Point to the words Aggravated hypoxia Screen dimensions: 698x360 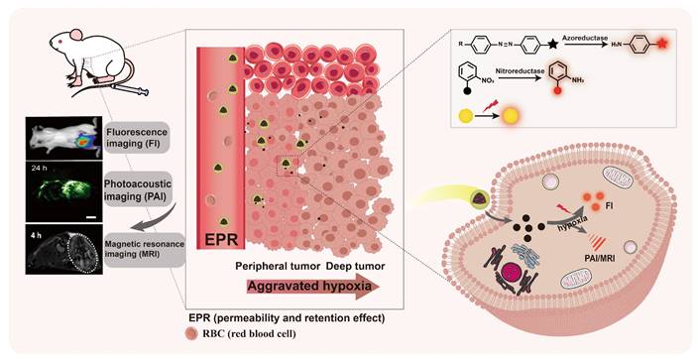297,288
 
